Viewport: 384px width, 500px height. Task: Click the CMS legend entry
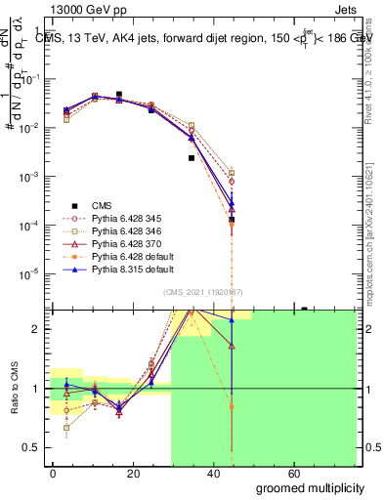tap(102, 205)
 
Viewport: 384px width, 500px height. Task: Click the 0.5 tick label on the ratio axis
tap(31, 447)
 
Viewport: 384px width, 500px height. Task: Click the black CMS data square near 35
tap(192, 157)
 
